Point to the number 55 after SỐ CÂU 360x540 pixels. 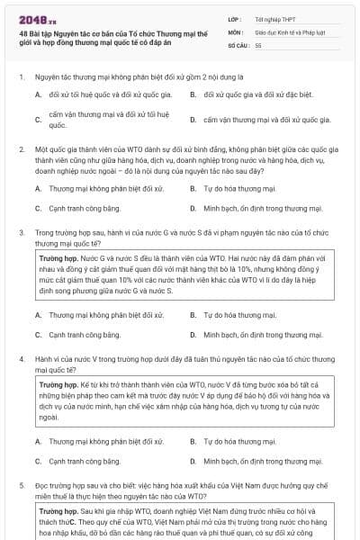(258, 44)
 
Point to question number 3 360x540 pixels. (21, 232)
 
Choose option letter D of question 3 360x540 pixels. (193, 335)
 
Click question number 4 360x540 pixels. (21, 358)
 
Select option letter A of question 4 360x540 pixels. (38, 441)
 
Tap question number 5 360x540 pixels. (21, 485)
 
